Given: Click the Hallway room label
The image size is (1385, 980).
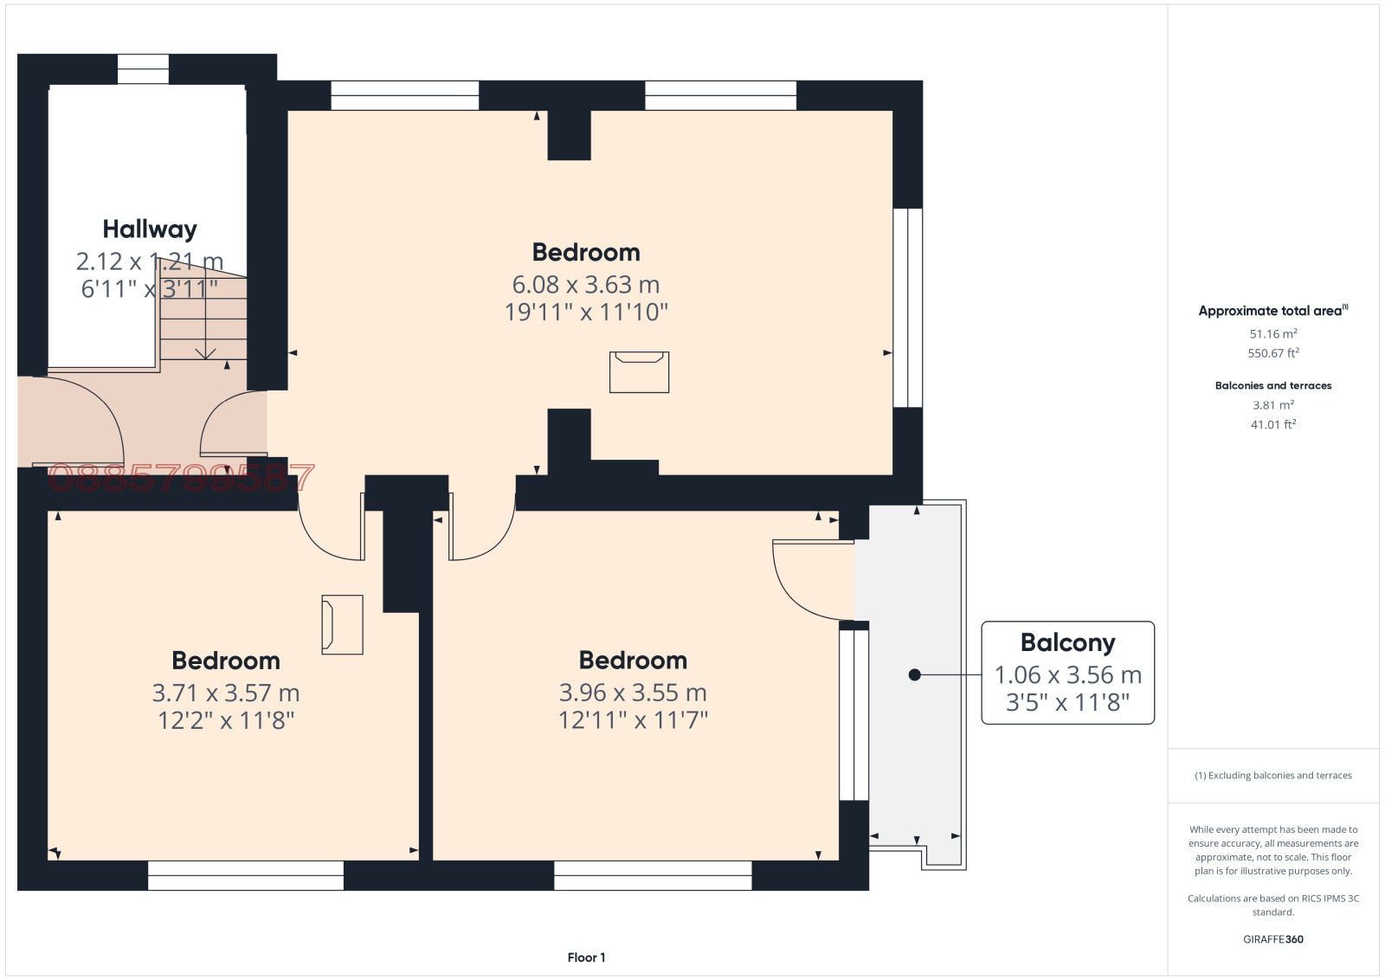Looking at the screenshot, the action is [x=150, y=229].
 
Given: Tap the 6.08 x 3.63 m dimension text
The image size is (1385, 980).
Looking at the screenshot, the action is [x=585, y=285].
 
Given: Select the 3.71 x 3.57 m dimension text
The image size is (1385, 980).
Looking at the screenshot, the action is [x=226, y=693].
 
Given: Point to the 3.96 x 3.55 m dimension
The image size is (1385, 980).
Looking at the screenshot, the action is [x=633, y=693].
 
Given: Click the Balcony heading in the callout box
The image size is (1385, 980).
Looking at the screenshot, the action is [x=1068, y=643].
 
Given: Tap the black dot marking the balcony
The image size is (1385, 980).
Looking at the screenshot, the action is [x=915, y=674].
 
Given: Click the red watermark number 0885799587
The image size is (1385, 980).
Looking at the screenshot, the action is [x=181, y=478].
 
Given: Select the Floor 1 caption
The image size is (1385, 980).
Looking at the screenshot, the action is [x=586, y=957].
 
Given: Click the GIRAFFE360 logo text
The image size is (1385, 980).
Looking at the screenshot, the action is [x=1273, y=939].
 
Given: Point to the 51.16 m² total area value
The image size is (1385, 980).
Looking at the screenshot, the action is [x=1273, y=334].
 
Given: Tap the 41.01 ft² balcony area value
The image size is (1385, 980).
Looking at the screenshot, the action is [x=1273, y=425].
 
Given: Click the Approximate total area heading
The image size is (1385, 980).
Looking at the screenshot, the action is [x=1273, y=311].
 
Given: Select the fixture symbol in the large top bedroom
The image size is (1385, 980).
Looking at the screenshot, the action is [x=639, y=372].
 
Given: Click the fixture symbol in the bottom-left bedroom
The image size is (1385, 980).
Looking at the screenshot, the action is [x=342, y=624].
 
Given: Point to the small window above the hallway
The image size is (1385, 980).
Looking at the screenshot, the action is [x=143, y=68].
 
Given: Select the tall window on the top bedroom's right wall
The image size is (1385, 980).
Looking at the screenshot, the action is [x=908, y=307].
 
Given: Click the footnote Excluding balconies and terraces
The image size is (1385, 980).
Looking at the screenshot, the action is [x=1273, y=776].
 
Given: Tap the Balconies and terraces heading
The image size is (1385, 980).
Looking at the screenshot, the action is [x=1273, y=386].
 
